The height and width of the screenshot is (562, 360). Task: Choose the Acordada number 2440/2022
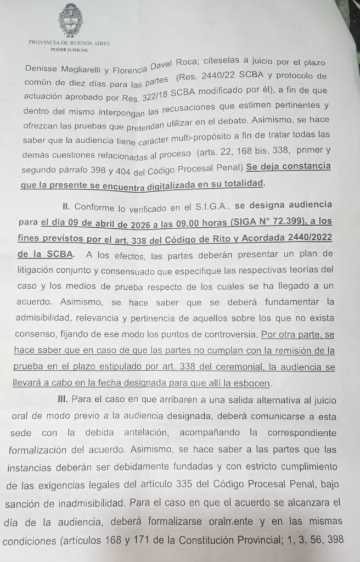point(310,238)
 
